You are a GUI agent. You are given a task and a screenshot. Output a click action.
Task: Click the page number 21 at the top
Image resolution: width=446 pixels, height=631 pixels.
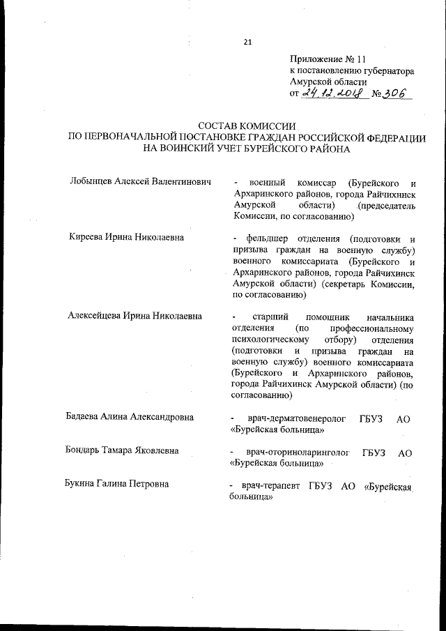247,43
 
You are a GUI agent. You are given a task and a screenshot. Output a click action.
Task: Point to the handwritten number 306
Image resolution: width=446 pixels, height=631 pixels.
393,93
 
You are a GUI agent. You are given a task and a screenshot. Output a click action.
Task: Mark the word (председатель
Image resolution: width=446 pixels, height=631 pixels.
386,207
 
